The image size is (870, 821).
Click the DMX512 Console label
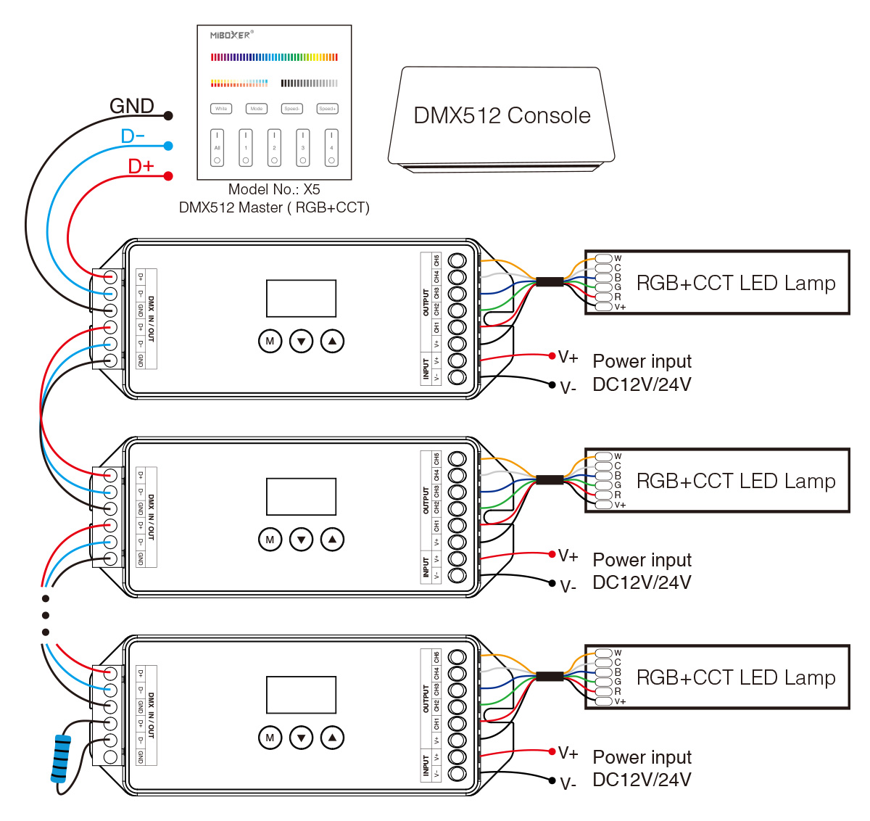tap(502, 115)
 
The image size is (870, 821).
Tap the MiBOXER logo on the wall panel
tap(231, 35)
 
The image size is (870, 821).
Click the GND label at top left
tap(131, 106)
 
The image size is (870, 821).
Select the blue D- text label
tap(133, 136)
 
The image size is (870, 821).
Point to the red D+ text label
tap(141, 166)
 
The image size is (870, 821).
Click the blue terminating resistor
tap(62, 759)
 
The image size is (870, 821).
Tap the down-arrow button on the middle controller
tap(301, 539)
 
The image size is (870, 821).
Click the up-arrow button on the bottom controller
tap(332, 738)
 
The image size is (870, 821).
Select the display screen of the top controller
tap(301, 298)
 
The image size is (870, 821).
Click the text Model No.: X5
tap(274, 189)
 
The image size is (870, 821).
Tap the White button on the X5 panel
tap(221, 109)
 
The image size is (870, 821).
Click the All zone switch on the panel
tap(217, 148)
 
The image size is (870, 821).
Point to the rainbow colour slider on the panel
tap(274, 57)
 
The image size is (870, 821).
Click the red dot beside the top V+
tap(552, 355)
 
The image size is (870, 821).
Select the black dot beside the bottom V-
tap(552, 780)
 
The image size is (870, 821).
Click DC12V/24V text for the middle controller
tap(642, 582)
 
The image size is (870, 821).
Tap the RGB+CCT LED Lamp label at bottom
tap(735, 677)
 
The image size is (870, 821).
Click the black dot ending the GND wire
tap(168, 115)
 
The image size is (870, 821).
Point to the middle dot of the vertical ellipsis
tap(46, 615)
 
